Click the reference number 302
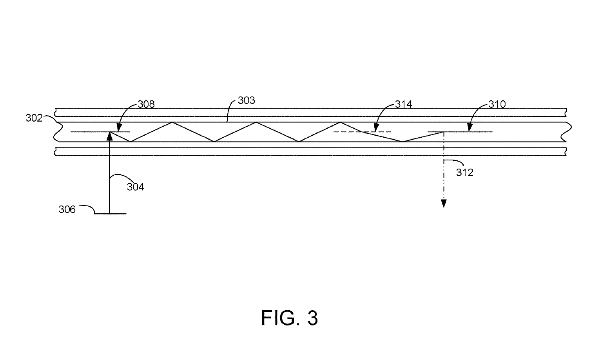point(34,118)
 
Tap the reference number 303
point(247,100)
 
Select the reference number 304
point(135,187)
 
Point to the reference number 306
point(67,209)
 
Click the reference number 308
point(146,104)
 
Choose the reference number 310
point(497,104)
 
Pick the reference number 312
point(465,173)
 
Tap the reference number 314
point(403,104)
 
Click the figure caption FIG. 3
point(290,318)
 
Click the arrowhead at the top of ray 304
point(109,136)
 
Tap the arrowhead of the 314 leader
point(376,127)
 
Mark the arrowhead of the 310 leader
point(470,127)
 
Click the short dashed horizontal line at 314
point(362,132)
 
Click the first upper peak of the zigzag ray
point(172,122)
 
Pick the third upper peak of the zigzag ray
point(340,122)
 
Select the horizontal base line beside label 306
point(110,213)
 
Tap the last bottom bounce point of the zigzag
point(402,142)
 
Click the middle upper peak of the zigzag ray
point(256,122)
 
